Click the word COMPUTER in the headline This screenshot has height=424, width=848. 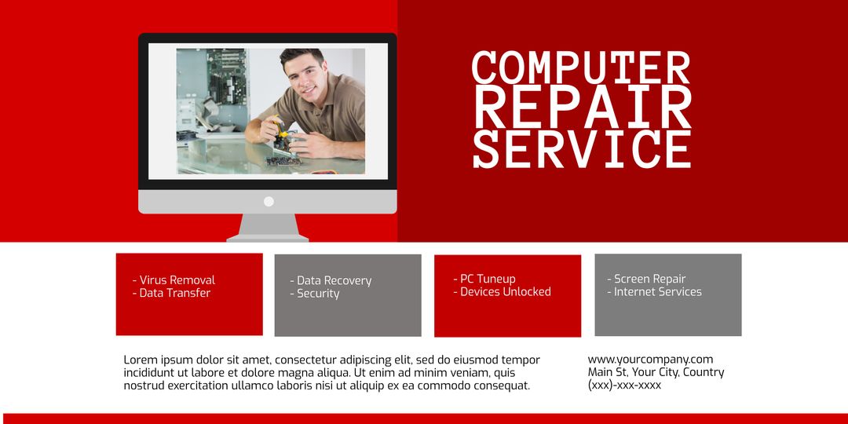click(581, 68)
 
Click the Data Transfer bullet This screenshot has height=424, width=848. click(175, 293)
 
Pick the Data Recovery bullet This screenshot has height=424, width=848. click(334, 280)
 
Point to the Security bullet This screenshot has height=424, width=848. click(318, 294)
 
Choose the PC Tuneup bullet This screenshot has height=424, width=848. click(488, 279)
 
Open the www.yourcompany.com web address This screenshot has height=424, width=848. click(650, 360)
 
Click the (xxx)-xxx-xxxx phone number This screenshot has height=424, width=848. click(624, 386)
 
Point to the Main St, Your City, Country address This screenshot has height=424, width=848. click(656, 372)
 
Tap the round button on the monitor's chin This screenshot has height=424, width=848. click(269, 202)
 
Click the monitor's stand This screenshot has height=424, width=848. click(268, 227)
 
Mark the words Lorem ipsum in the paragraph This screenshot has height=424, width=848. click(155, 360)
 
